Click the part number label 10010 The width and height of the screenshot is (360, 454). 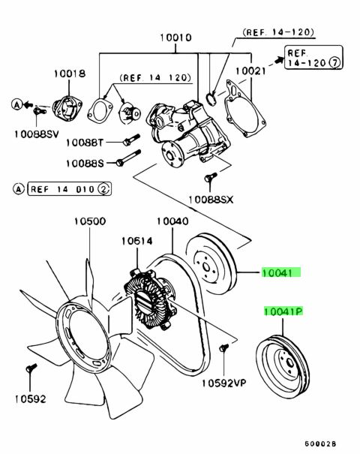pyautogui.click(x=175, y=38)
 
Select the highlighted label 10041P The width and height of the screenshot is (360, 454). pyautogui.click(x=283, y=311)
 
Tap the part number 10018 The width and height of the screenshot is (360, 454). pyautogui.click(x=70, y=74)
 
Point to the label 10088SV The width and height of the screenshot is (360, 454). pyautogui.click(x=37, y=134)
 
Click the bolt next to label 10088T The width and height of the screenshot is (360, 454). pyautogui.click(x=132, y=140)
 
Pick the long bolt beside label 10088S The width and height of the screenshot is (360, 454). pyautogui.click(x=128, y=158)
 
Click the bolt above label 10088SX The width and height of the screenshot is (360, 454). pyautogui.click(x=211, y=177)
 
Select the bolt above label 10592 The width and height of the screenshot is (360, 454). pyautogui.click(x=31, y=368)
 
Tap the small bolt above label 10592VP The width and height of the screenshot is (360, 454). pyautogui.click(x=223, y=347)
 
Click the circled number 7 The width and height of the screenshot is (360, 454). pyautogui.click(x=335, y=62)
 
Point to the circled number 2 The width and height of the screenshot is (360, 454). pyautogui.click(x=103, y=189)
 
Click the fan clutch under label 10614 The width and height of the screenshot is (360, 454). pyautogui.click(x=150, y=299)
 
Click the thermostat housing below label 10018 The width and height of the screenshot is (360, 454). pyautogui.click(x=67, y=108)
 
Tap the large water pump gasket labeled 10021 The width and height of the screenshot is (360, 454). pyautogui.click(x=245, y=109)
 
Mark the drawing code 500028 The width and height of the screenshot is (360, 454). pyautogui.click(x=320, y=443)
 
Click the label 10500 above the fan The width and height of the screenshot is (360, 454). pyautogui.click(x=90, y=221)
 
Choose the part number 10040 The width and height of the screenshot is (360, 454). pyautogui.click(x=172, y=221)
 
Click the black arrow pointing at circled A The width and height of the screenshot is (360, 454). pyautogui.click(x=28, y=104)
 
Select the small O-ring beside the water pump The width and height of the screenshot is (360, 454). pyautogui.click(x=211, y=98)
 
